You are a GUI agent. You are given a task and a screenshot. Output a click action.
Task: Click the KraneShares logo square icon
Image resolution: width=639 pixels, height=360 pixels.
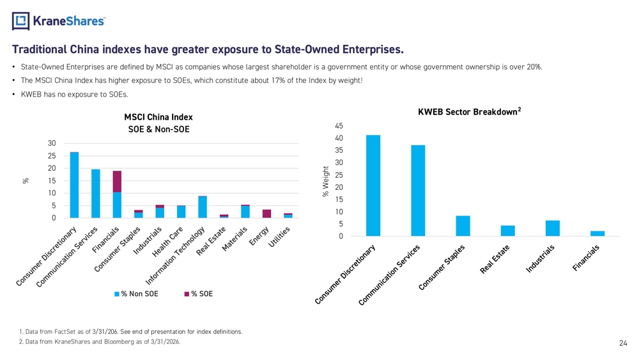[x=21, y=21]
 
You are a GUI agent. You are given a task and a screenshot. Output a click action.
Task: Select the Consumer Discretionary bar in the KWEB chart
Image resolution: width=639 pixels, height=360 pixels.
[x=373, y=185]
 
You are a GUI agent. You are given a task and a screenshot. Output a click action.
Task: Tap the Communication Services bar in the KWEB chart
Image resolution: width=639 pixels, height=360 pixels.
[x=418, y=191]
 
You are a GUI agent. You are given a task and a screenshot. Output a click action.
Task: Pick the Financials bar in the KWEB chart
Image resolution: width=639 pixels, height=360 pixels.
[x=597, y=233]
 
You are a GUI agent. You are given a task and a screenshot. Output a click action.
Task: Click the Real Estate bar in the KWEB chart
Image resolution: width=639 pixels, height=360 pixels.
[x=508, y=231]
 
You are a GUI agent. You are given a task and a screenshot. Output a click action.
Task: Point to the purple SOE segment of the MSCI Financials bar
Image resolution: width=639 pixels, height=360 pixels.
[x=117, y=182]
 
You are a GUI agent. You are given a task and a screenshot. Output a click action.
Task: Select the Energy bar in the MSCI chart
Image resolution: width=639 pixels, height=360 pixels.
[x=266, y=214]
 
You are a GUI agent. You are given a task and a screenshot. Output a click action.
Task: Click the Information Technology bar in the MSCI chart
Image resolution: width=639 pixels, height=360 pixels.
[x=203, y=207]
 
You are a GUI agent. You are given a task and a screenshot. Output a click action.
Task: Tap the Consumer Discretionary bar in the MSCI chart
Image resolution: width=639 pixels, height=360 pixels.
[x=74, y=185]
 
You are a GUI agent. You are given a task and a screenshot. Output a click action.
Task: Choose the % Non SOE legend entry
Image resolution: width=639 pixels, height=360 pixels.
[x=136, y=294]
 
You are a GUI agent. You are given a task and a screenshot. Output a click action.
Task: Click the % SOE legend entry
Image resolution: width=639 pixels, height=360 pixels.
[x=199, y=294]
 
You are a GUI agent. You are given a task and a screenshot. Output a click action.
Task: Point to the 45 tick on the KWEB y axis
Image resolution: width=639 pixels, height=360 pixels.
[x=339, y=126]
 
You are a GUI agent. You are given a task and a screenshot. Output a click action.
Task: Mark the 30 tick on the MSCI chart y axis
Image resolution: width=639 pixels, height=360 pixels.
[x=52, y=143]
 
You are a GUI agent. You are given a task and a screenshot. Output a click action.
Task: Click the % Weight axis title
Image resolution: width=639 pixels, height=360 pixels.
[x=325, y=182]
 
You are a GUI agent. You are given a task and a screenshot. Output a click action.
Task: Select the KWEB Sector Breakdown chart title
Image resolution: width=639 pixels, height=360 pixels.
[x=470, y=112]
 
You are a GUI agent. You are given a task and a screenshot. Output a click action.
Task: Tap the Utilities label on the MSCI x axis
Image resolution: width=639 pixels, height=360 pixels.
[x=279, y=237]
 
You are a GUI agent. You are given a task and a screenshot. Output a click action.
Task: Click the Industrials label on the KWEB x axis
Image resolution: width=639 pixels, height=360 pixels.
[x=540, y=258]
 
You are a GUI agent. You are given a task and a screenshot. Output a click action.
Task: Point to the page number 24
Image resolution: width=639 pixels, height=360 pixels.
[x=623, y=343]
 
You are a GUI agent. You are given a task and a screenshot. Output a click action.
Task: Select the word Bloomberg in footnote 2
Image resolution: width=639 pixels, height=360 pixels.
[x=119, y=341]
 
